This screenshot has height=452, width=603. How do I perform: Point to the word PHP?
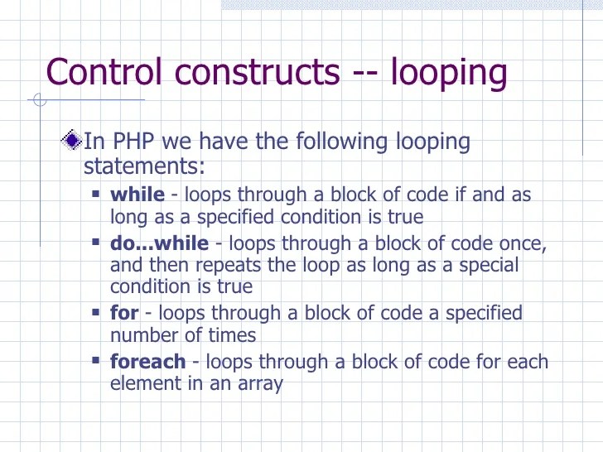135,142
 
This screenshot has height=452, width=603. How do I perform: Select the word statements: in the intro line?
143,166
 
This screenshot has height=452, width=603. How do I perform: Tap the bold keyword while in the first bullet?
137,195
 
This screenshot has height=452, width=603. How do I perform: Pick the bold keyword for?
124,313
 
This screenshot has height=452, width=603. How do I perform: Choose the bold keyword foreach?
148,362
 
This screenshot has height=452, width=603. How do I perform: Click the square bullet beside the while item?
95,195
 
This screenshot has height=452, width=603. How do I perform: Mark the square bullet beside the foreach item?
95,361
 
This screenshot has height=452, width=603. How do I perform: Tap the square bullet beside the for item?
95,312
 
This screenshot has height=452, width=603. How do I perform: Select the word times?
233,335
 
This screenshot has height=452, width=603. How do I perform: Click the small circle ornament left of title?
37,102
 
